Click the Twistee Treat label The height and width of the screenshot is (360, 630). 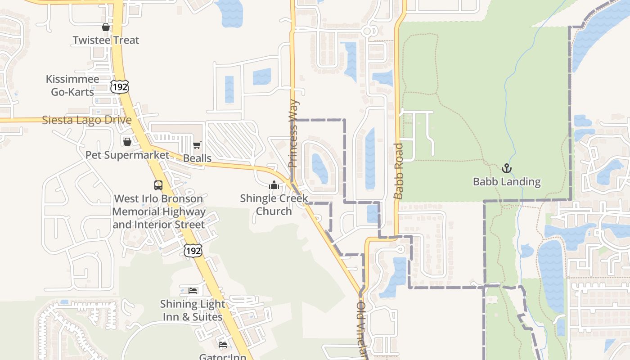[x=106, y=40]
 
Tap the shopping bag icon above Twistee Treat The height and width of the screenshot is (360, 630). [x=106, y=27]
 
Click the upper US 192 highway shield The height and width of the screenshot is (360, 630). [x=120, y=86]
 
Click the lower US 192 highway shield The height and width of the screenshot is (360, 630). [x=193, y=251]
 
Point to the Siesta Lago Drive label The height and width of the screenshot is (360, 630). [x=87, y=120]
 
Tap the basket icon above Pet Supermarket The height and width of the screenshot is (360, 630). [x=127, y=142]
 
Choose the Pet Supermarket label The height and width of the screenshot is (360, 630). [x=127, y=155]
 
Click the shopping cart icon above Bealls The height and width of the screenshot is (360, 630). [x=197, y=145]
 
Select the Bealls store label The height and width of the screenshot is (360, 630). [x=197, y=158]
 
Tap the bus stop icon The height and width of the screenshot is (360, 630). [x=158, y=185]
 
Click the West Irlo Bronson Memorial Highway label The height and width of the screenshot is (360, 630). [x=158, y=211]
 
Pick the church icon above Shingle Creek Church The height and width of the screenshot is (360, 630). [x=274, y=185]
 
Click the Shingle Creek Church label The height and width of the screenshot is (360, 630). [x=274, y=204]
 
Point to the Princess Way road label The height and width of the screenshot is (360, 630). [x=293, y=134]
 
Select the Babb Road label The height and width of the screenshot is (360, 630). [x=398, y=171]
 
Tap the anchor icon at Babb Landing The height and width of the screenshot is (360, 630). [x=507, y=168]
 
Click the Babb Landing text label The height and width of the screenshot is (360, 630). [x=507, y=182]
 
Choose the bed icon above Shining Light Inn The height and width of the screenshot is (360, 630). [x=193, y=291]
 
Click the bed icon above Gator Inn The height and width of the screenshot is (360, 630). [x=223, y=345]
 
